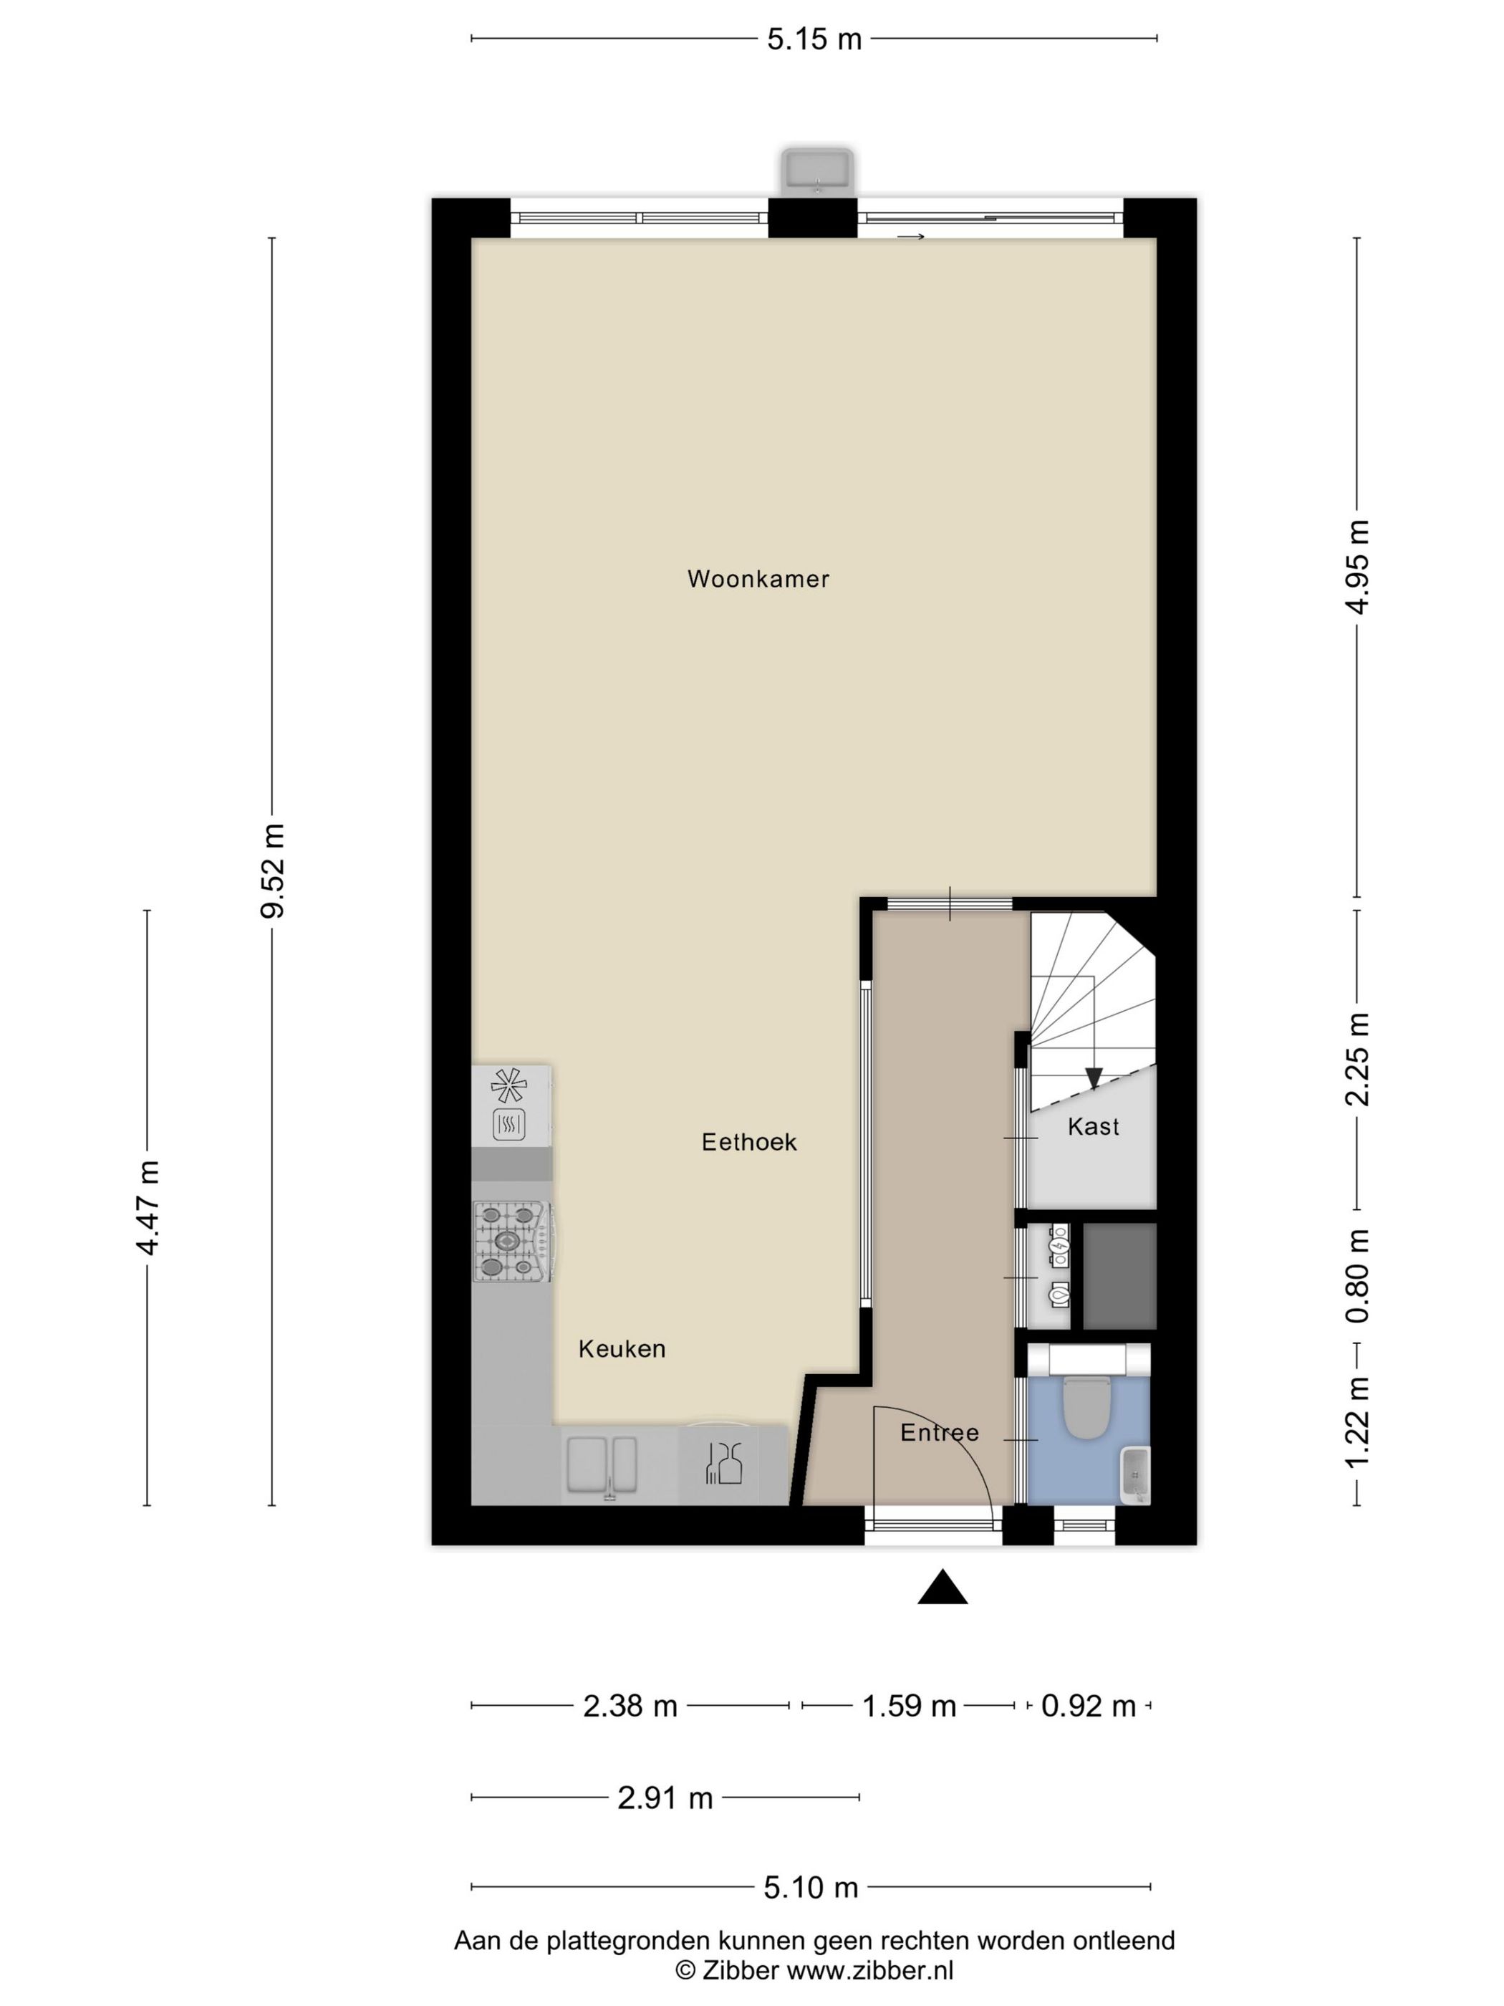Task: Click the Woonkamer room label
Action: pyautogui.click(x=758, y=579)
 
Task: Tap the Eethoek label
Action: pyautogui.click(x=749, y=1142)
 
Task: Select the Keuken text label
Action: pyautogui.click(x=622, y=1348)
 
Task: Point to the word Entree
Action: pyautogui.click(x=939, y=1433)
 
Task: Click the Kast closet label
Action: pyautogui.click(x=1094, y=1126)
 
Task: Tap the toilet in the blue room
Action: pyautogui.click(x=1087, y=1409)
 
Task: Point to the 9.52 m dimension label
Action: pyautogui.click(x=273, y=870)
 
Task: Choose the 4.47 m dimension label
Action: pyautogui.click(x=148, y=1207)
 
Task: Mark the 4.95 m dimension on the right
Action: pyautogui.click(x=1357, y=567)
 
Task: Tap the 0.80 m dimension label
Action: pyautogui.click(x=1357, y=1276)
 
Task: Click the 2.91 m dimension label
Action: pyautogui.click(x=665, y=1798)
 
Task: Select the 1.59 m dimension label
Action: pyautogui.click(x=908, y=1707)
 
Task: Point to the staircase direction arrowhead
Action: pyautogui.click(x=1094, y=1078)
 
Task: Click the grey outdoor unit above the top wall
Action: pyautogui.click(x=818, y=171)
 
